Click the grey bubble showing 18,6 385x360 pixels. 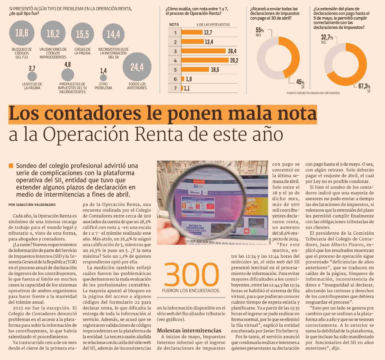click(21, 33)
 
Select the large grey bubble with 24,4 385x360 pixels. click(137, 67)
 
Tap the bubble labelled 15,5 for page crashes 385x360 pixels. click(82, 34)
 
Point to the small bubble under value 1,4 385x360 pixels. click(103, 78)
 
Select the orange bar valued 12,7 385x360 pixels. click(192, 32)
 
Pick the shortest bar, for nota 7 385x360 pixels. click(182, 88)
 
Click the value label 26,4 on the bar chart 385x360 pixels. click(232, 51)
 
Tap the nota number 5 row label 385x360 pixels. click(175, 70)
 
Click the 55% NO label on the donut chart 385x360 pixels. click(260, 32)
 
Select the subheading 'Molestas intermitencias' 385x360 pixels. click(189, 331)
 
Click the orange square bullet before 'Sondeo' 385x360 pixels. click(11, 166)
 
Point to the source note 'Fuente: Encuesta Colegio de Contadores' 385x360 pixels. click(313, 93)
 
